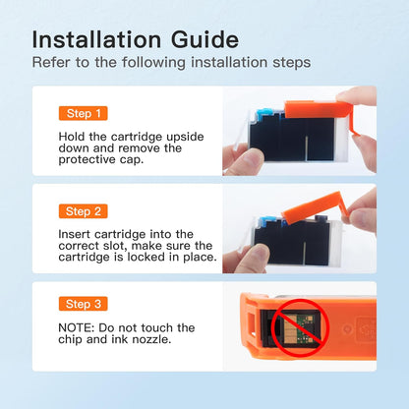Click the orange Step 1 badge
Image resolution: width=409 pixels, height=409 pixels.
click(x=84, y=113)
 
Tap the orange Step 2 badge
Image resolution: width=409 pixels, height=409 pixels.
click(x=84, y=211)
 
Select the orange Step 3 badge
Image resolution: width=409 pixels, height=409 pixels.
click(x=84, y=304)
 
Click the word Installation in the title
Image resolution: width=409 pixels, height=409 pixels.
click(x=96, y=39)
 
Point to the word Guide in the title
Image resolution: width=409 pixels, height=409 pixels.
click(x=204, y=39)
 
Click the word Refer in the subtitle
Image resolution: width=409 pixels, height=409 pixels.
click(x=51, y=62)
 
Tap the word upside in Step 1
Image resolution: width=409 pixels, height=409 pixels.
click(x=185, y=137)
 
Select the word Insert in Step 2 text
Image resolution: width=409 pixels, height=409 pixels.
click(x=75, y=234)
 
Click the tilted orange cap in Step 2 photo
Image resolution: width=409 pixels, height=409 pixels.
click(x=314, y=206)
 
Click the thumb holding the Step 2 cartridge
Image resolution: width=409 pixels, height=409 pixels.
click(x=253, y=259)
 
